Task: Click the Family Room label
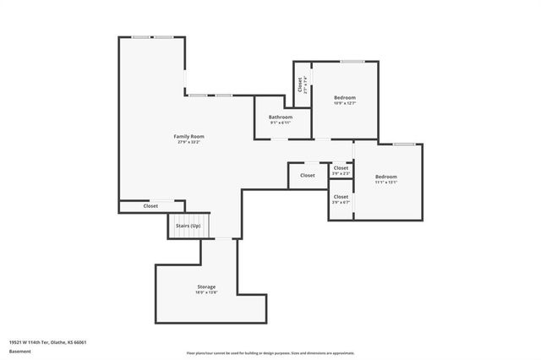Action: (x=189, y=136)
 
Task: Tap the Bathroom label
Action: (x=281, y=117)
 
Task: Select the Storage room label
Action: (x=206, y=286)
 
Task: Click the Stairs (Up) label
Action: (x=188, y=226)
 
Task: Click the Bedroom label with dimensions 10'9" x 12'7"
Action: (x=345, y=97)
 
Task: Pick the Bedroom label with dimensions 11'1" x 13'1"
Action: (x=386, y=176)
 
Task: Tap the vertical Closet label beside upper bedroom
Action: (x=300, y=85)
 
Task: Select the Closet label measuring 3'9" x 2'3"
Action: (x=341, y=168)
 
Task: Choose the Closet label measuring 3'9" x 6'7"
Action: (x=341, y=197)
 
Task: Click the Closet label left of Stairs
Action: (x=150, y=205)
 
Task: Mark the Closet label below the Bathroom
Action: (x=308, y=175)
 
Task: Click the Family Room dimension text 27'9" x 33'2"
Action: (x=189, y=142)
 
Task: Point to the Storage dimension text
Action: (x=206, y=292)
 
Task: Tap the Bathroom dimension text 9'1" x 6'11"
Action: (x=281, y=123)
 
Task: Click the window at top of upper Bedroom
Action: (x=352, y=61)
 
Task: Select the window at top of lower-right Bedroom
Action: (x=403, y=145)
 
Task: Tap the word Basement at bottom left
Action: (x=19, y=351)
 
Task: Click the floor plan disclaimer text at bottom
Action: (x=270, y=352)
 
